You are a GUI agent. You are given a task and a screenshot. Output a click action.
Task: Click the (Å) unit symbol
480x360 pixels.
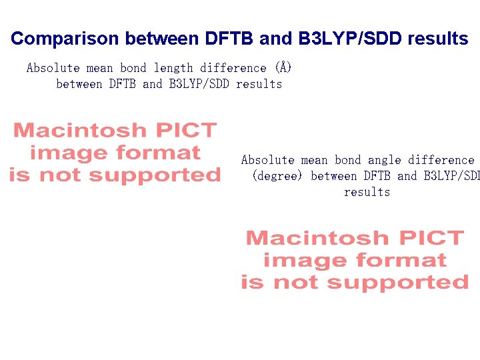tap(283, 68)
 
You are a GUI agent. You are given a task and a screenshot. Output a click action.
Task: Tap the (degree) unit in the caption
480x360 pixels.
tap(278, 176)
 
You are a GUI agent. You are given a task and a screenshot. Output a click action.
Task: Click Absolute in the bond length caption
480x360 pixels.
tap(53, 68)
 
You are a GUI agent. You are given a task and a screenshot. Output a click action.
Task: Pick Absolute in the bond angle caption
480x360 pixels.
tap(267, 160)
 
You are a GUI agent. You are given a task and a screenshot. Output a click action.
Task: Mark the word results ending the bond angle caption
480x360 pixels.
tap(367, 192)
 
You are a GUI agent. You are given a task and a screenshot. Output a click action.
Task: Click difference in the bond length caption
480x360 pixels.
tap(233, 68)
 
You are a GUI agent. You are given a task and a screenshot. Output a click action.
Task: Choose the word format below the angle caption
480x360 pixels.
tap(400, 261)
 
